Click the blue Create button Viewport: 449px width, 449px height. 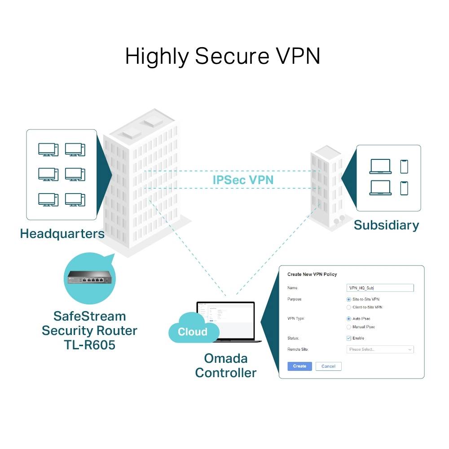tap(299, 366)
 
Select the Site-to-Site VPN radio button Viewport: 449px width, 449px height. tap(349, 299)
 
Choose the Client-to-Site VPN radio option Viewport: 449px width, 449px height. tap(349, 307)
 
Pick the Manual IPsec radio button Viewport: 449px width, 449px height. tap(349, 327)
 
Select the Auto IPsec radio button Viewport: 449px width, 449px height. tap(349, 318)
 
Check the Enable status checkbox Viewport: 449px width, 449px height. tap(349, 338)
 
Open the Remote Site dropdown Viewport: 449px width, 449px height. tap(380, 349)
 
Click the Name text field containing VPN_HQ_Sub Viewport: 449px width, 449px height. tap(380, 288)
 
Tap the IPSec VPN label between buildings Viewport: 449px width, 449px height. tap(243, 180)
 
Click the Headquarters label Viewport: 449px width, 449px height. tap(62, 233)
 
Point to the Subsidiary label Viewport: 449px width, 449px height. tap(386, 225)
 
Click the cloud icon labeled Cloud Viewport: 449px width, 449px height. tap(193, 330)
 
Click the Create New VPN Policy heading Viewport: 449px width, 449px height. tap(312, 274)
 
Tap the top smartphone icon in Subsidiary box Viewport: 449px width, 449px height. tap(404, 166)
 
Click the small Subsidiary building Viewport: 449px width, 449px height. tap(326, 189)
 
